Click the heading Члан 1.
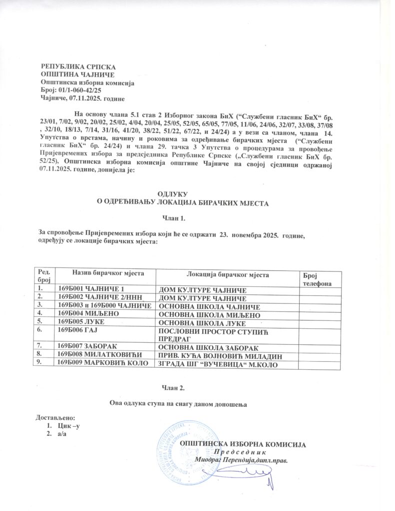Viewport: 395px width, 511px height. coord(174,218)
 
